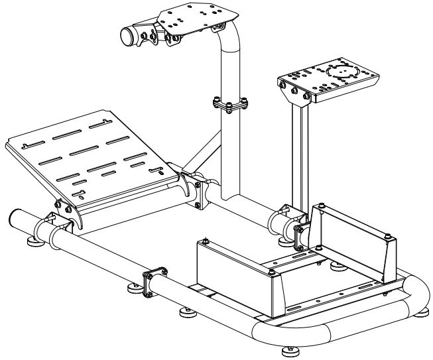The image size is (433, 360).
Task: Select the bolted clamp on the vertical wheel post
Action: tap(229, 105)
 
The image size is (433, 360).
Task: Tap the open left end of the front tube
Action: tap(19, 218)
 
